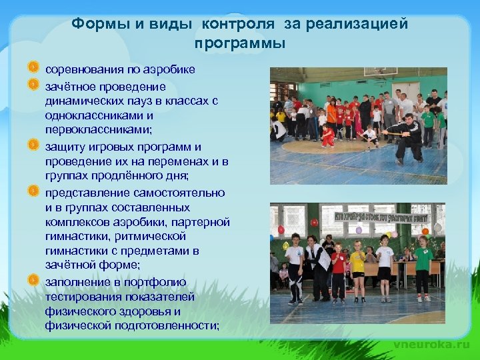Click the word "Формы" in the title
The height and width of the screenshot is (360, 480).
(92, 24)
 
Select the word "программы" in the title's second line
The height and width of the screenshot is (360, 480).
(240, 44)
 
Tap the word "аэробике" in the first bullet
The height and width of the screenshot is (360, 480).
(172, 69)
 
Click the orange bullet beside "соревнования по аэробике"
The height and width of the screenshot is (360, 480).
(33, 67)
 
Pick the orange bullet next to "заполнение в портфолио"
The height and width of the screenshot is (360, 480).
(33, 280)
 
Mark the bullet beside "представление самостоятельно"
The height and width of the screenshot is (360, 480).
(33, 191)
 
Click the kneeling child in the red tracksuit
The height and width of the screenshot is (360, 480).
(327, 136)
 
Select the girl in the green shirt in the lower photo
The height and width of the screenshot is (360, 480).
(423, 267)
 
